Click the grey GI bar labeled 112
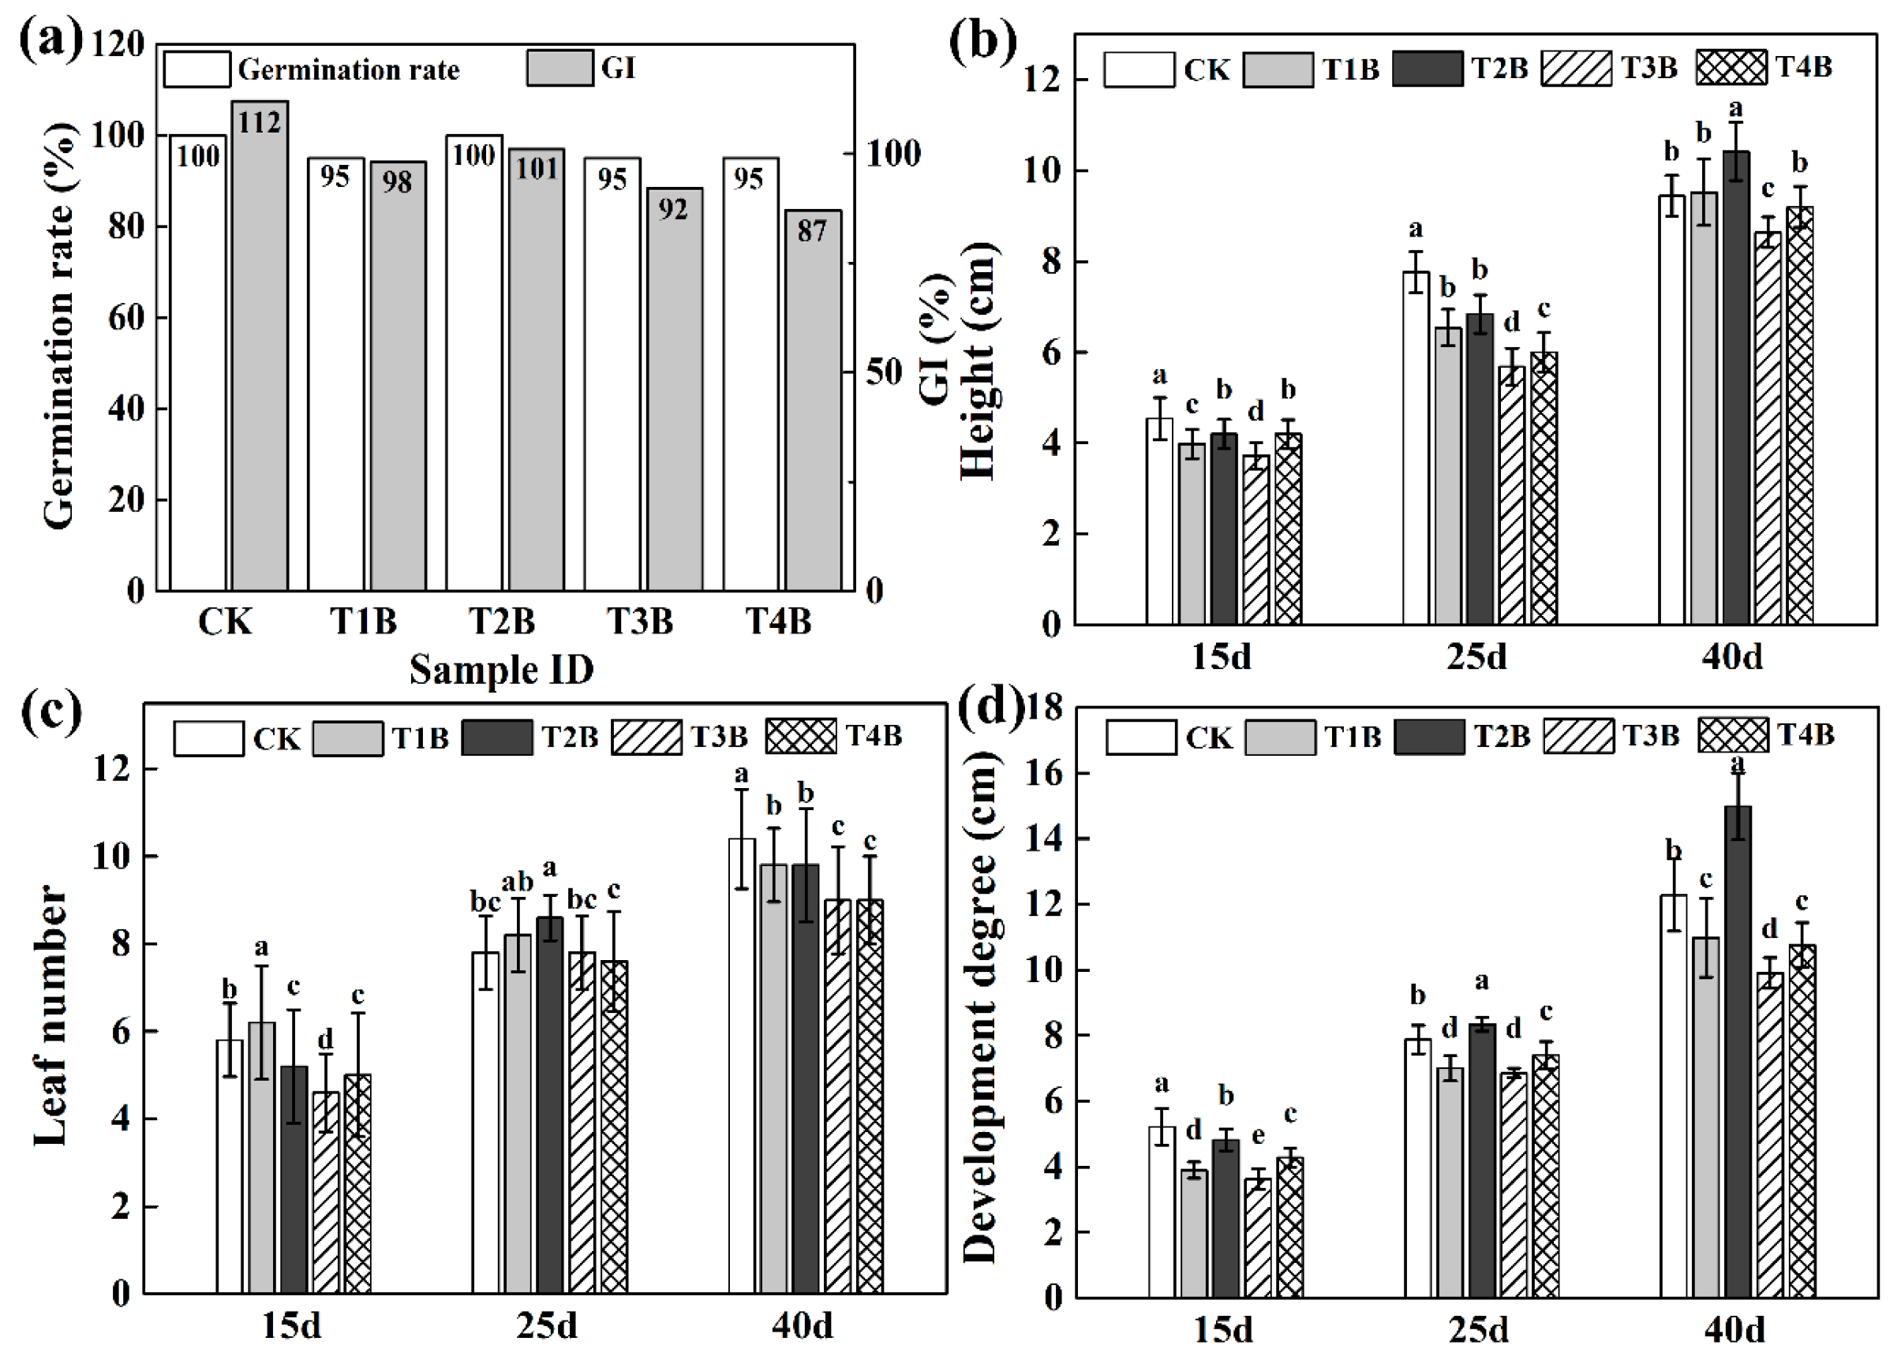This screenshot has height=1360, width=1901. click(260, 352)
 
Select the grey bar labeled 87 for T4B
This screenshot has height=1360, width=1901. click(812, 402)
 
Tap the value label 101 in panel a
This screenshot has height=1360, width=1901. click(536, 169)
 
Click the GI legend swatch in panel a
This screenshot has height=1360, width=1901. click(559, 68)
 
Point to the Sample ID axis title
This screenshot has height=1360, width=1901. click(501, 670)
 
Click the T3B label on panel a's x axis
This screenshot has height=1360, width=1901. click(639, 622)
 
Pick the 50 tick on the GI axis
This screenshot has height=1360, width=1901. click(884, 372)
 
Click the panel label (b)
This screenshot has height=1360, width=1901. click(982, 42)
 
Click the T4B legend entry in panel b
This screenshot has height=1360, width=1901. click(1764, 67)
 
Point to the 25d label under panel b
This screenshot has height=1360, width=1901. click(1476, 656)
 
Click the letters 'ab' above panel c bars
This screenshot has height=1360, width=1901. click(517, 882)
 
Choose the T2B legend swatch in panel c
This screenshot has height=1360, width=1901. click(497, 738)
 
